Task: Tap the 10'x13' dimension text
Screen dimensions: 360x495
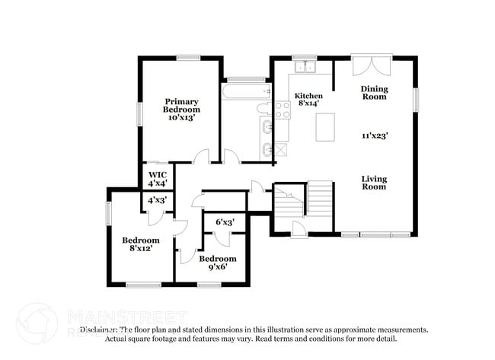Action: coord(182,118)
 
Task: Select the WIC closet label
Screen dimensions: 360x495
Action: coord(158,174)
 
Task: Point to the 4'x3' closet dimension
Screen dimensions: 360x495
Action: coord(158,199)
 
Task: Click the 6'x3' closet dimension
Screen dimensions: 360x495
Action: coord(224,222)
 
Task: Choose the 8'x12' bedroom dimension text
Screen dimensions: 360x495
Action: coord(142,249)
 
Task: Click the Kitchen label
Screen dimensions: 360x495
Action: coord(309,96)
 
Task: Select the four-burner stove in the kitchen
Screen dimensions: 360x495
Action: coord(283,110)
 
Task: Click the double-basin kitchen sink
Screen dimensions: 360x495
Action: coord(306,68)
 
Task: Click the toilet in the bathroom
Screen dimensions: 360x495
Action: coord(264,108)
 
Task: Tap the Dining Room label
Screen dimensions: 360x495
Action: coord(374,93)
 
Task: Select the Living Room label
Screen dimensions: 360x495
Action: coord(374,183)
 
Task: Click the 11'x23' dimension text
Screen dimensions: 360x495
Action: coord(375,135)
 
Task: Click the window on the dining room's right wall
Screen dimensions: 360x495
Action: coord(416,99)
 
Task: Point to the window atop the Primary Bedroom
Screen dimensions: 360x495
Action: coord(187,57)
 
